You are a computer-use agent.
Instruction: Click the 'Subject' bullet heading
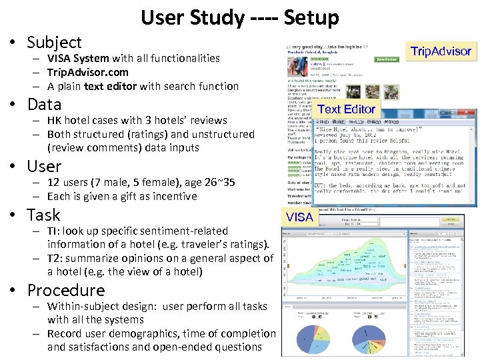click(54, 43)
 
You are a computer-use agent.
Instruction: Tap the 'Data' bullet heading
click(44, 105)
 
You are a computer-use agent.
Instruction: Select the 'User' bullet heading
click(44, 167)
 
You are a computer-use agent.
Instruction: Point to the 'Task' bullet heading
click(43, 215)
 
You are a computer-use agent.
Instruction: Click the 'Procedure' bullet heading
click(65, 291)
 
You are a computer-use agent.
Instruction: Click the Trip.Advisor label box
click(441, 51)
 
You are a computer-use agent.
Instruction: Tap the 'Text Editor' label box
click(347, 109)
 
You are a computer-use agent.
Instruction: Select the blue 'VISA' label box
click(299, 217)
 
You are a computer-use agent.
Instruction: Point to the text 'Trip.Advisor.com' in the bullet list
click(88, 72)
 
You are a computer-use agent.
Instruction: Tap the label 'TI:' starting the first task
click(55, 231)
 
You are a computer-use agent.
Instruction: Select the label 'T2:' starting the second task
click(56, 258)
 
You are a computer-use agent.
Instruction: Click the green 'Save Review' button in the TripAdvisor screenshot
click(387, 59)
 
